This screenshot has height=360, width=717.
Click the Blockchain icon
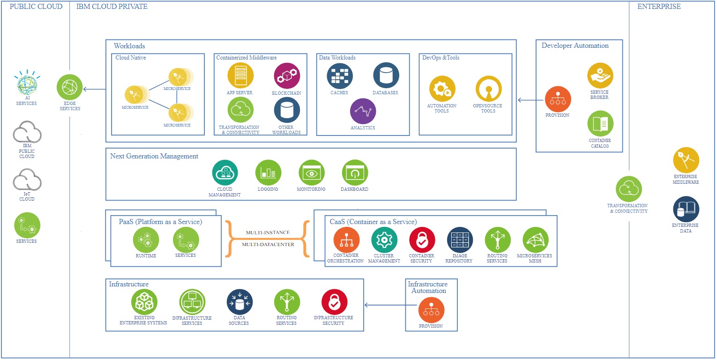[287, 76]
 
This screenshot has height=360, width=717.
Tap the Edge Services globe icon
[69, 87]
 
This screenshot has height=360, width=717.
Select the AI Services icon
[27, 82]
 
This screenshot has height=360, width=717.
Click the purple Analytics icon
[363, 111]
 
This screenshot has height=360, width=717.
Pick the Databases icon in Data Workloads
[386, 75]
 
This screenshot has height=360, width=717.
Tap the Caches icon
[340, 76]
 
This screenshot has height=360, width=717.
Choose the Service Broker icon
[600, 75]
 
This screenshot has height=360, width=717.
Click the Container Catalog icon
[600, 124]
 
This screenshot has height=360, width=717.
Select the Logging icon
[268, 173]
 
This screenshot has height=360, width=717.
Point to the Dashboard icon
[355, 173]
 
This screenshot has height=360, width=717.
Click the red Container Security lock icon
[422, 240]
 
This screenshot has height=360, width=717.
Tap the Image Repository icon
[460, 240]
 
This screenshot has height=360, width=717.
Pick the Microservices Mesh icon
[535, 240]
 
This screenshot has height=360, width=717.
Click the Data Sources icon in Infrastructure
[239, 302]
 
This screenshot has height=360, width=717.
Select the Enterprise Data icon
[686, 209]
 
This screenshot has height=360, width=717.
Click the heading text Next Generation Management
[154, 156]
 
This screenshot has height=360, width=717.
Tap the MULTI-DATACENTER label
[268, 244]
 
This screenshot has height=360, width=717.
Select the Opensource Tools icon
[488, 89]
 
